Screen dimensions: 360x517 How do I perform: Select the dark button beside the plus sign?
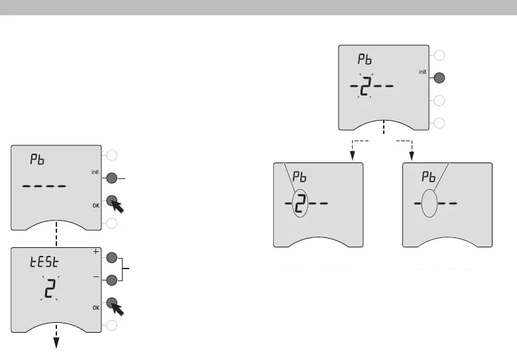click(x=112, y=258)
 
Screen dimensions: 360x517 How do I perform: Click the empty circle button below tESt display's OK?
click(x=112, y=325)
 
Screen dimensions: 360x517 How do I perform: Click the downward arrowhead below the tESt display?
click(x=56, y=343)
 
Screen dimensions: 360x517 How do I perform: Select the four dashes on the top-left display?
click(x=44, y=186)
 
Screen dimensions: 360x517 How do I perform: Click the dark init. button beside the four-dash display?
click(x=112, y=178)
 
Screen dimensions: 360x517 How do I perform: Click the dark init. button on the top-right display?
click(x=438, y=78)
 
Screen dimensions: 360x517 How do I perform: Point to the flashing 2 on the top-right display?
click(x=365, y=88)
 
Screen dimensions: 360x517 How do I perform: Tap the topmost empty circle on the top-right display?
click(x=438, y=55)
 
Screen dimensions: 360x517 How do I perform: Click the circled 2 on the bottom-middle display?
click(x=300, y=204)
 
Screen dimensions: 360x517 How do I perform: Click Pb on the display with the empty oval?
click(x=431, y=178)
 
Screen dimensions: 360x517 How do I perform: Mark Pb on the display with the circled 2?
click(x=300, y=178)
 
